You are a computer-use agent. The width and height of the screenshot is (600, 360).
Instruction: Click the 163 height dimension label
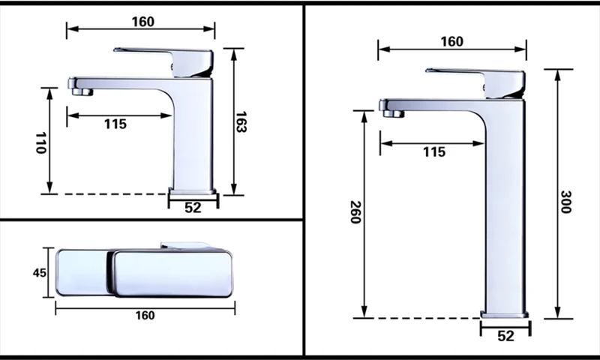click(x=241, y=122)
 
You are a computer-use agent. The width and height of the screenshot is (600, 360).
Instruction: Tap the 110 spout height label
click(x=40, y=142)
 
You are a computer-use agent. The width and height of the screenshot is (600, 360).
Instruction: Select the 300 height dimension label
click(x=565, y=202)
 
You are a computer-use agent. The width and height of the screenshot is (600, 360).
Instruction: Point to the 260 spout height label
click(x=355, y=212)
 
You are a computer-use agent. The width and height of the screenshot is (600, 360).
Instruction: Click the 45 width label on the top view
click(x=40, y=273)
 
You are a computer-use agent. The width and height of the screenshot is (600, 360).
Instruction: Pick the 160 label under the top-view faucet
click(x=145, y=315)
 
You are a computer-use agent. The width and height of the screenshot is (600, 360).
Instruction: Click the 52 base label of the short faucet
click(x=193, y=207)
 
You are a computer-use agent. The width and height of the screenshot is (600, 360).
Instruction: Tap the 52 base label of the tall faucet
click(x=505, y=335)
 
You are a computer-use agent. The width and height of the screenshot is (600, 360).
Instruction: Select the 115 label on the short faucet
click(x=115, y=124)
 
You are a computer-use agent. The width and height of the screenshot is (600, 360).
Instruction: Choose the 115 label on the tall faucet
click(x=434, y=152)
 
